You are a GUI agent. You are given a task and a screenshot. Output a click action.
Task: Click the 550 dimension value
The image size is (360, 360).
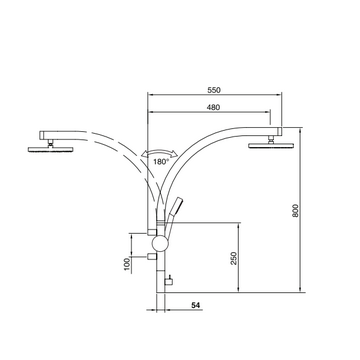pos(214,90)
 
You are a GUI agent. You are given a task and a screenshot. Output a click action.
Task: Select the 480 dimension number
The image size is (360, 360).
pos(213,107)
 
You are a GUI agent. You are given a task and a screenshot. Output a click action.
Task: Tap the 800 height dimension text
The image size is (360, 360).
pos(295,210)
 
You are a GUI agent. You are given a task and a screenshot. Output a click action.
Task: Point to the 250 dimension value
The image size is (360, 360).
pos(234,258)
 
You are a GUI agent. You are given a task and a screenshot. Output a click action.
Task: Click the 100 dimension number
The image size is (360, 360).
pos(127,264)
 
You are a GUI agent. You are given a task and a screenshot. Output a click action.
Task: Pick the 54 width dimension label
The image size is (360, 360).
pos(196,305)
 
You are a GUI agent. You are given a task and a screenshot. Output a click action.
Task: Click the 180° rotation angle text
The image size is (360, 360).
pos(161,162)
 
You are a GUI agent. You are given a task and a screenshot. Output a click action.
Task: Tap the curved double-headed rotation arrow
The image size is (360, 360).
pos(159,151)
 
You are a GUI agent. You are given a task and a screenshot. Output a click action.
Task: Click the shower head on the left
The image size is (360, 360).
pos(50,149)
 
